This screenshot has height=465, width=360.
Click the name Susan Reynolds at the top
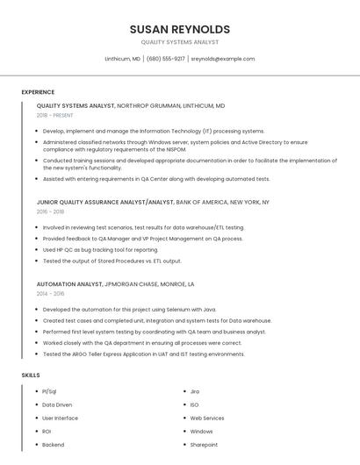(x=179, y=29)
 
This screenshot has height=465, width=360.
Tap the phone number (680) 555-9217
(x=166, y=59)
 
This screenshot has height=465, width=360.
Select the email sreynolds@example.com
(x=223, y=59)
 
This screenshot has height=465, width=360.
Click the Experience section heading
(x=38, y=92)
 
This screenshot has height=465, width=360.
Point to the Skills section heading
(x=31, y=376)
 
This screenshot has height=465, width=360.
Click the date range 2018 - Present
(x=55, y=115)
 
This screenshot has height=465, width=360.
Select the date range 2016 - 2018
(x=50, y=211)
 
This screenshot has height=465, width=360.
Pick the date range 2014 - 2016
(x=50, y=294)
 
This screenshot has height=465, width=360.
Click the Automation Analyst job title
(x=69, y=284)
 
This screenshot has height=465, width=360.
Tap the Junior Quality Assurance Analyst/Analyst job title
(x=105, y=202)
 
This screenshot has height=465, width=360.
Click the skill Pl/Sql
(x=49, y=391)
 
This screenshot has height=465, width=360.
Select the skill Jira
(x=195, y=391)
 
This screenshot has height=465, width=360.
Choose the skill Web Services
(x=207, y=418)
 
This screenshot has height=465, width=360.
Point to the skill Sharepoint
(x=204, y=445)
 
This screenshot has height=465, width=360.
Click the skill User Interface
(x=60, y=418)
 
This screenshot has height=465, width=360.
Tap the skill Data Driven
(x=57, y=404)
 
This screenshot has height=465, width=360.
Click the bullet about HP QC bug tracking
(x=100, y=249)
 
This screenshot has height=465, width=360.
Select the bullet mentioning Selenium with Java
(x=129, y=310)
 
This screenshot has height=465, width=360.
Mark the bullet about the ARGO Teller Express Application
(x=143, y=354)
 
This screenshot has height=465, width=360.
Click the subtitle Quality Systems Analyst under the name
(x=179, y=42)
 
